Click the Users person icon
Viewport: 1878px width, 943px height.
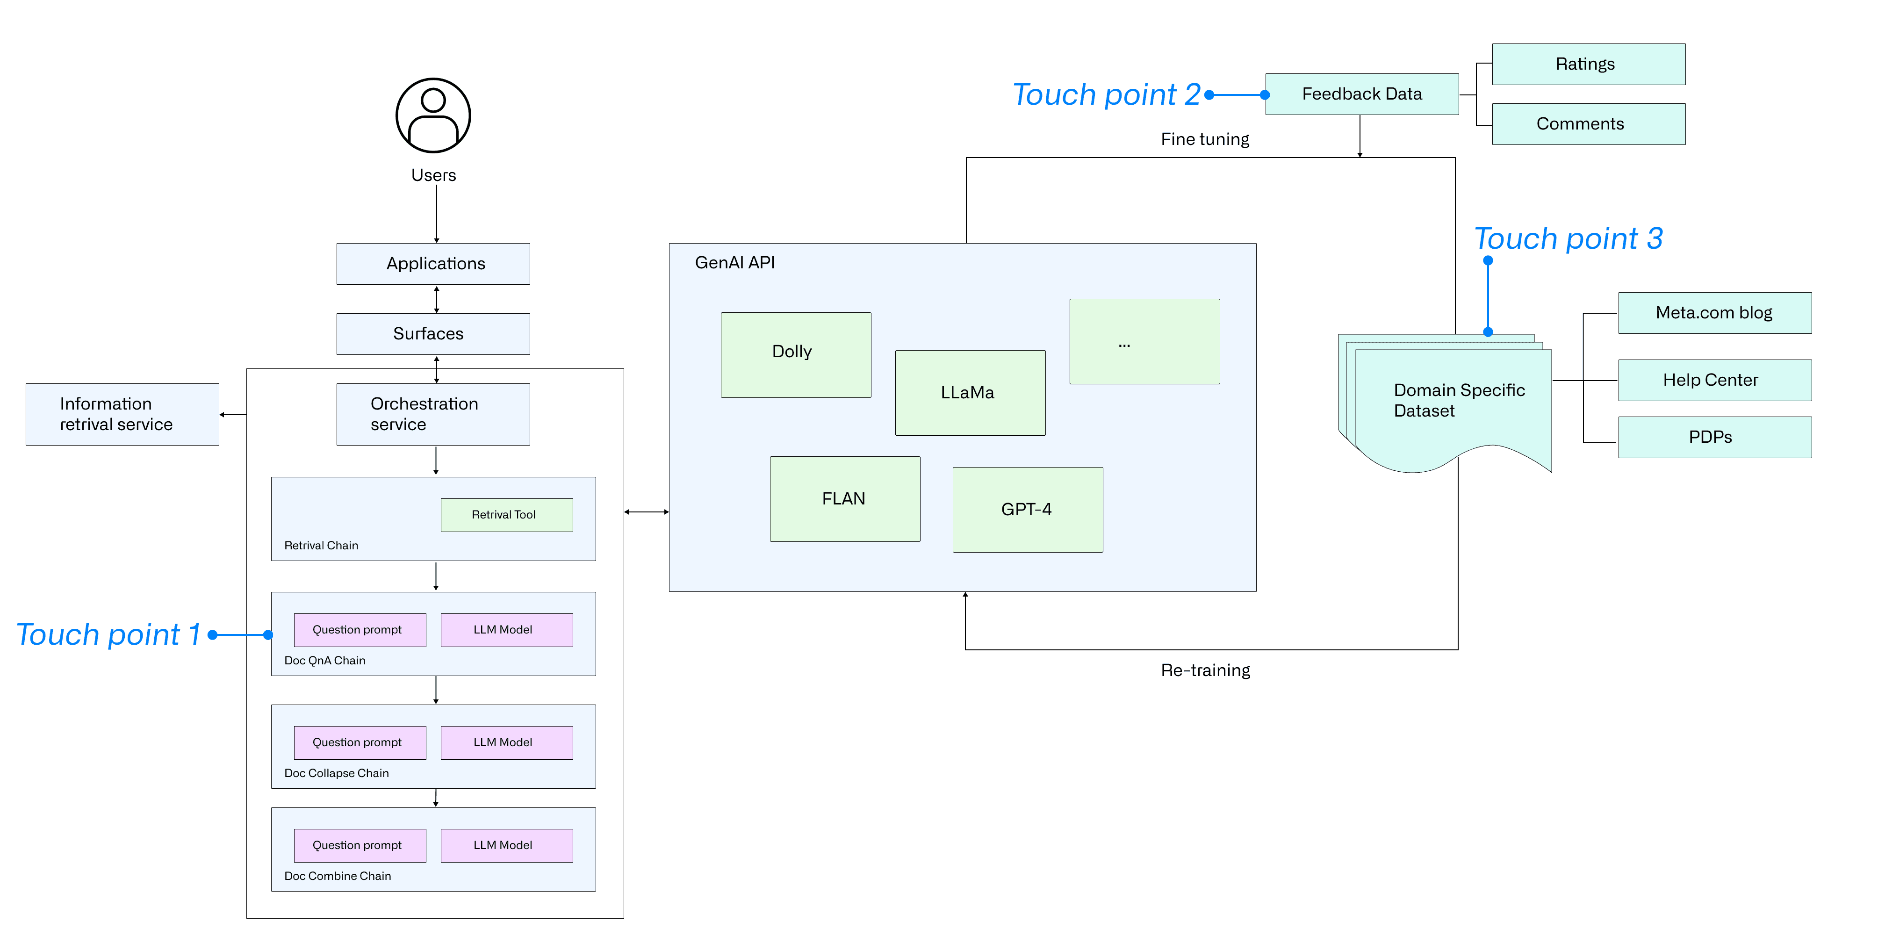click(433, 115)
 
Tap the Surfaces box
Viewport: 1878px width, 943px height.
click(433, 334)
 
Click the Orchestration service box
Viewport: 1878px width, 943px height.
click(433, 414)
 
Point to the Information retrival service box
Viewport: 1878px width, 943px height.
click(122, 414)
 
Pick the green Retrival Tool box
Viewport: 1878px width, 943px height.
click(507, 515)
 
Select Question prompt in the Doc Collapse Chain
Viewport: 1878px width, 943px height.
click(360, 742)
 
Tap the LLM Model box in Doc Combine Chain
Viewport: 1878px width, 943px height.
click(507, 845)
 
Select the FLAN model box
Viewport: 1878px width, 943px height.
click(845, 499)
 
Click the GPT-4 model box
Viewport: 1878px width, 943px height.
click(1028, 510)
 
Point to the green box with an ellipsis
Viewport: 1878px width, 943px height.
click(1144, 341)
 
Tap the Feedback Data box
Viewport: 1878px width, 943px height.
click(1362, 94)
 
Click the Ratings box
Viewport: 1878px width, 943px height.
click(1589, 64)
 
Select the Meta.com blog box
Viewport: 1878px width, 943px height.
click(1715, 313)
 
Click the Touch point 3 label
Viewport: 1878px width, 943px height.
click(1568, 238)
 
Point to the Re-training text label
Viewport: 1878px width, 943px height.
click(1205, 670)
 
